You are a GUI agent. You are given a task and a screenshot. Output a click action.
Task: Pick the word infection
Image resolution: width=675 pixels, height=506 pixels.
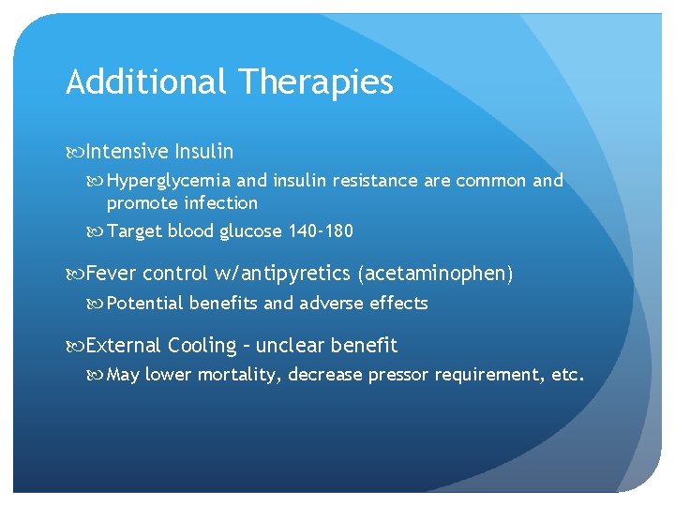tap(220, 203)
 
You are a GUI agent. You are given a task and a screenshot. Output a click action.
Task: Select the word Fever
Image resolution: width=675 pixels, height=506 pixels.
tap(111, 274)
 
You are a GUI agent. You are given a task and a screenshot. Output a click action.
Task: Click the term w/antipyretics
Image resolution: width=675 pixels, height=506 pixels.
tap(282, 275)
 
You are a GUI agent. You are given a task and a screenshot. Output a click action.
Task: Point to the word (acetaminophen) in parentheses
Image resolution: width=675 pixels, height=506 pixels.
tap(435, 275)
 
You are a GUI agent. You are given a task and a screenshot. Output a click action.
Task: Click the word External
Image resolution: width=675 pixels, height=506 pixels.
tap(124, 346)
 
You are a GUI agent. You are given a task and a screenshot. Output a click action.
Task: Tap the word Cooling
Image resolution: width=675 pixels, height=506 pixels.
tap(202, 347)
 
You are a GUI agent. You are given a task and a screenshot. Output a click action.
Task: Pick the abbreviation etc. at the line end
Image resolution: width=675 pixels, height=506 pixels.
tap(567, 376)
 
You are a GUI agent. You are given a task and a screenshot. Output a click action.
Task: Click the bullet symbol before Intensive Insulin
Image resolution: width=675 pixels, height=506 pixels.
tap(74, 152)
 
